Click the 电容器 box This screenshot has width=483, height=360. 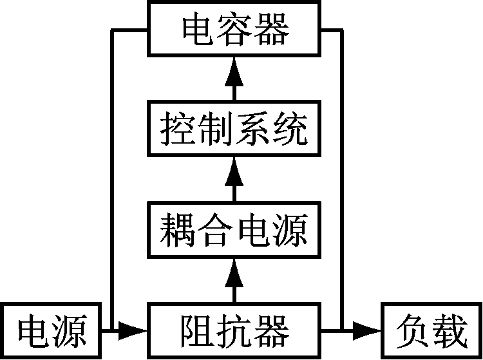click(234, 30)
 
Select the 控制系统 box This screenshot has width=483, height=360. click(234, 128)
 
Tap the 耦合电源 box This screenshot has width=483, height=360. click(234, 229)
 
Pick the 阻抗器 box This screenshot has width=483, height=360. click(234, 331)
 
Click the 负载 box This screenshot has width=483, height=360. click(431, 332)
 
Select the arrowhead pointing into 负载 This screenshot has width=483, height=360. click(369, 331)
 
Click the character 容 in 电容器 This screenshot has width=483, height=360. click(234, 30)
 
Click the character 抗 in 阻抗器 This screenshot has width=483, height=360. click(234, 331)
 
